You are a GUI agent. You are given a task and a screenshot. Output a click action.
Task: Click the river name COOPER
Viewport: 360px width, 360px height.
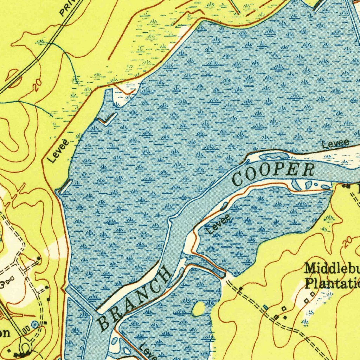click(x=274, y=174)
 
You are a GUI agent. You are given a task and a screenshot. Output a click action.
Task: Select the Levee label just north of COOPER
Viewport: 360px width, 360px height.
click(x=336, y=143)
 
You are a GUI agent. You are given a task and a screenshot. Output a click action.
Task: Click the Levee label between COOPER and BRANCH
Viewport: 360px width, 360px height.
click(x=219, y=224)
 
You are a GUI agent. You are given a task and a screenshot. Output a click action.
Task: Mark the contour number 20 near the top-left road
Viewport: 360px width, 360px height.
click(x=37, y=85)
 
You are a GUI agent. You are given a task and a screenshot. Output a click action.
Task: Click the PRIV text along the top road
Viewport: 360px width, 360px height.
click(x=67, y=9)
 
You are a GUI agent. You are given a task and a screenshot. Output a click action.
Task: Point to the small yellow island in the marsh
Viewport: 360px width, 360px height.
click(x=199, y=309)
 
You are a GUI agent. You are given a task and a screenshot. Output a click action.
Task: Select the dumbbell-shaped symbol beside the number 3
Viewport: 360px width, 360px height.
click(x=9, y=279)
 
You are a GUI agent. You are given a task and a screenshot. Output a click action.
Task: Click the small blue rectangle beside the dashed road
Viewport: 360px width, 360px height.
click(x=266, y=308)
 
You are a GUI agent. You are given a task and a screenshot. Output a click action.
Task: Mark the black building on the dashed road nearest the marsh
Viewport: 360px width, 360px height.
click(x=240, y=289)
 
